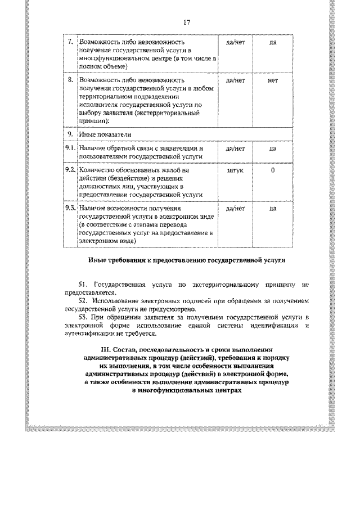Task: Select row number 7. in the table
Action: tap(70, 42)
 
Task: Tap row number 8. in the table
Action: tap(70, 80)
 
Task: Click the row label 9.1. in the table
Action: tap(70, 148)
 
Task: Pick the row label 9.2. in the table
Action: tap(70, 169)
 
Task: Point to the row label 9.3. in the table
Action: tap(70, 208)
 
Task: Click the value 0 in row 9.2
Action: tap(272, 169)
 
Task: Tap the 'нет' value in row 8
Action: tap(272, 80)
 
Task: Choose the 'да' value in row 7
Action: tap(272, 42)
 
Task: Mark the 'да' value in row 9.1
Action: tap(272, 148)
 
